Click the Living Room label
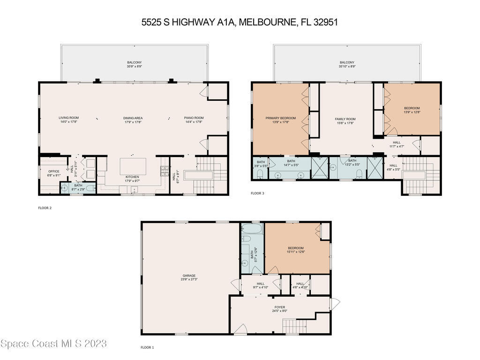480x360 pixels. (68, 118)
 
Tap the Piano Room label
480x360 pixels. (194, 118)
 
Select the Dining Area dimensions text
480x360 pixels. (133, 122)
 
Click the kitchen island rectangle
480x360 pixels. (133, 166)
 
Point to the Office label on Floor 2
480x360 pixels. (54, 172)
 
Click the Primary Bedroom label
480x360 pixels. (281, 118)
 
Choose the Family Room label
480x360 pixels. (345, 119)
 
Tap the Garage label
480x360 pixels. (189, 276)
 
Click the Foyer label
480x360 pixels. (280, 307)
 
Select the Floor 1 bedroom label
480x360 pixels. (296, 248)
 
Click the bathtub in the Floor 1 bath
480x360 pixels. (252, 228)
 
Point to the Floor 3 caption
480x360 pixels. (257, 193)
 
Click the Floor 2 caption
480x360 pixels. (45, 208)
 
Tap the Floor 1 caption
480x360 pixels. (147, 347)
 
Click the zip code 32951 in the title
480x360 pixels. (326, 22)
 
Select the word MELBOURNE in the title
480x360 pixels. (267, 22)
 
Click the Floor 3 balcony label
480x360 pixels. (347, 62)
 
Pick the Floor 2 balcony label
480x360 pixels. (135, 62)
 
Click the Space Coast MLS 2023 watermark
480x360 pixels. (53, 344)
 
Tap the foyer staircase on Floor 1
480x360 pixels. (295, 326)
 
